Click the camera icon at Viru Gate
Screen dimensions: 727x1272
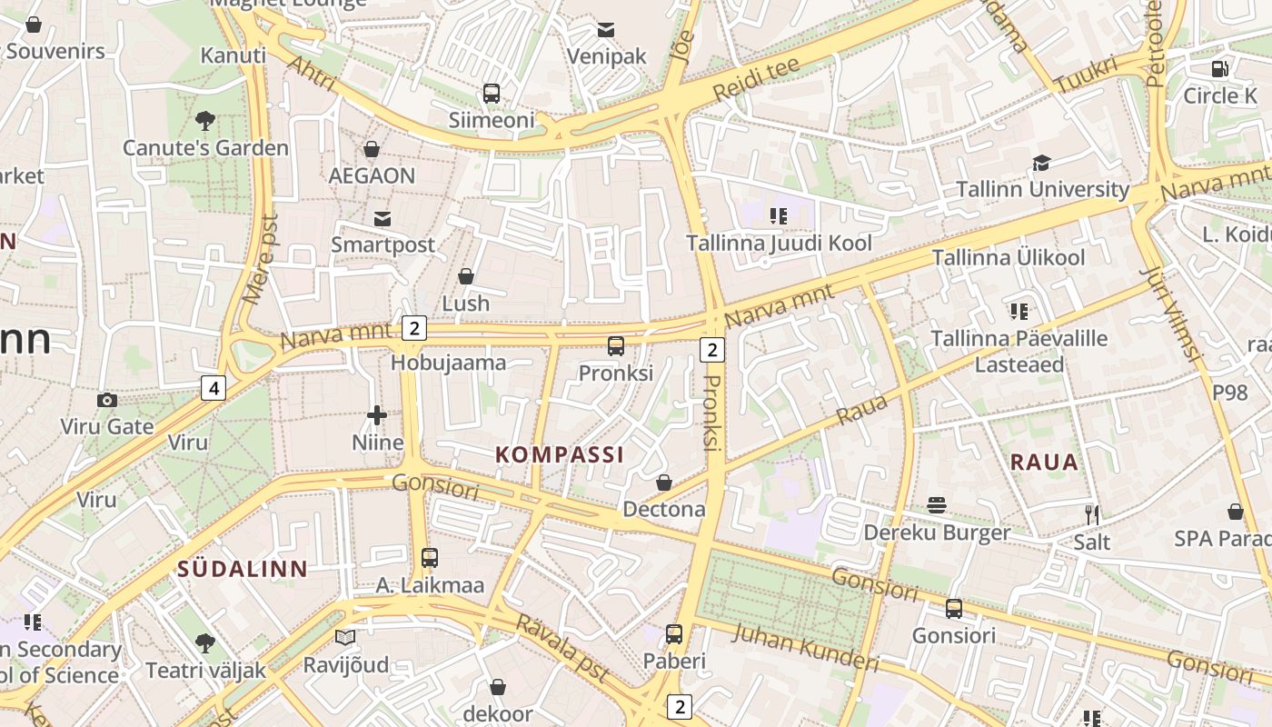point(106,400)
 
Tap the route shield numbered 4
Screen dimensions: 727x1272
point(214,389)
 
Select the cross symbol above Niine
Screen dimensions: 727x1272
point(377,416)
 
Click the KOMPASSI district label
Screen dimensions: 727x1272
point(560,455)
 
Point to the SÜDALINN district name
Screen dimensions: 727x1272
point(243,570)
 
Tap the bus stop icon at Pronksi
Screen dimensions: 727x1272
point(616,346)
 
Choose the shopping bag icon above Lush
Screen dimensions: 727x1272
point(466,276)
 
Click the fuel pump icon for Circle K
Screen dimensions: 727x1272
point(1220,68)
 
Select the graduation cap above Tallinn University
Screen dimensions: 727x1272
point(1041,164)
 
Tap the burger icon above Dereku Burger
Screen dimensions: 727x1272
point(937,506)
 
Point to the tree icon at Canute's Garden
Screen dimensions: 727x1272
point(205,120)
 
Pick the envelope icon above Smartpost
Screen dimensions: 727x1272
point(383,219)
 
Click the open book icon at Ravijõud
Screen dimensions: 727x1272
point(344,638)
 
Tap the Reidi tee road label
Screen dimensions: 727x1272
point(756,79)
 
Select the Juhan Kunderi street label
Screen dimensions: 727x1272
point(805,648)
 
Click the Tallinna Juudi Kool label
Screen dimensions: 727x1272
point(779,244)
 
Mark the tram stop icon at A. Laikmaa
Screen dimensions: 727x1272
point(430,558)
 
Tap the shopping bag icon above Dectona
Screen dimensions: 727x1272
point(664,483)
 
